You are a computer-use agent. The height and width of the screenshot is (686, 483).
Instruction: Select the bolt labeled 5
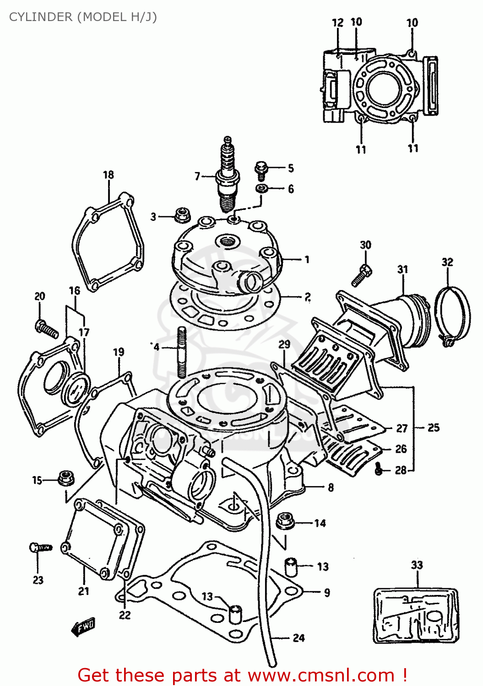[261, 170]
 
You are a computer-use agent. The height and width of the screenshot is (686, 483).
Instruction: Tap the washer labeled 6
[262, 188]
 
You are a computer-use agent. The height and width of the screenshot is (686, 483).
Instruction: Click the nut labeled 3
[183, 215]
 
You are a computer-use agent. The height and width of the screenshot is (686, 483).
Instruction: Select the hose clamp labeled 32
[452, 316]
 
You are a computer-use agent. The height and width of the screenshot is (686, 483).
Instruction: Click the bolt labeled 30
[362, 274]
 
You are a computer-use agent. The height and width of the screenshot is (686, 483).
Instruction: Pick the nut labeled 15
[66, 478]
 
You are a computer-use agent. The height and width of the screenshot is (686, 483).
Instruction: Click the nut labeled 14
[285, 521]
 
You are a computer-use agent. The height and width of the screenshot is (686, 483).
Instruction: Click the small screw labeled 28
[379, 469]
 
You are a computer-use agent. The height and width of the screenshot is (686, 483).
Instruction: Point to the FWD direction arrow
[83, 627]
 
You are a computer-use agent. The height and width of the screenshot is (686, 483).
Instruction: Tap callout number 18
[109, 175]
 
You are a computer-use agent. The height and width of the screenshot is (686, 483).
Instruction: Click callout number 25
[433, 428]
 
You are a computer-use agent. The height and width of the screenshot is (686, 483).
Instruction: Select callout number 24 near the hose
[298, 638]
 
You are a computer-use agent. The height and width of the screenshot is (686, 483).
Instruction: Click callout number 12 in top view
[337, 23]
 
